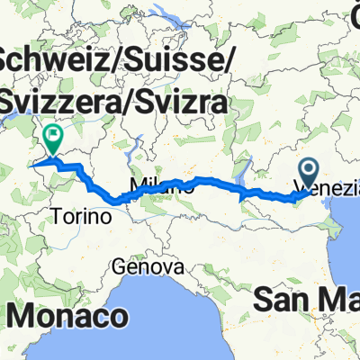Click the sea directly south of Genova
point(153,301)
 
